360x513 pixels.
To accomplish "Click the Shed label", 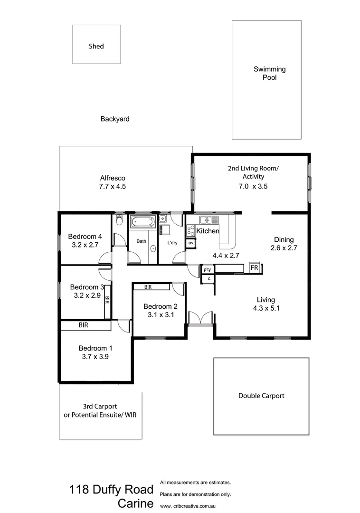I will (x=96, y=47).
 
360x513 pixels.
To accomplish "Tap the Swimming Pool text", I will (x=269, y=73).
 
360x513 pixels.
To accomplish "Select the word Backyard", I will (x=114, y=119).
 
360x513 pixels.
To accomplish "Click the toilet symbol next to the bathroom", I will (x=119, y=221).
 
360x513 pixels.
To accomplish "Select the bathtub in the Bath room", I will (x=142, y=221).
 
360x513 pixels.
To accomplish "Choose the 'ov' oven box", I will (x=190, y=243).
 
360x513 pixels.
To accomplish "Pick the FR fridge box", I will (x=255, y=268).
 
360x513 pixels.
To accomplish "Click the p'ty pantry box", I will (x=207, y=269).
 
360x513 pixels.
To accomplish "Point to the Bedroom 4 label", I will (x=85, y=237).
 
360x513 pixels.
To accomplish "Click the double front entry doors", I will (x=200, y=318).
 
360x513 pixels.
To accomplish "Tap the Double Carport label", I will (x=261, y=395).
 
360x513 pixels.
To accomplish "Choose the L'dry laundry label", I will (x=172, y=243).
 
